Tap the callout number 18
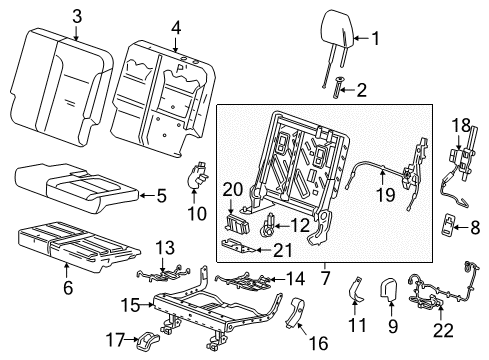tap(460, 122)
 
